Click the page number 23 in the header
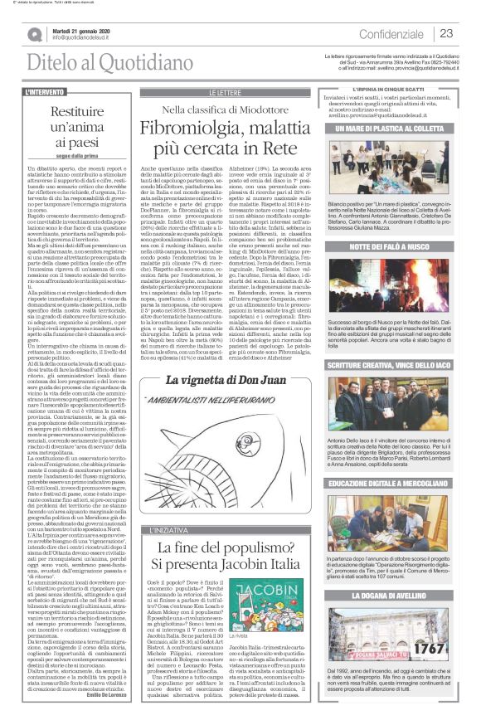446,33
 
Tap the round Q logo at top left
34,33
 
